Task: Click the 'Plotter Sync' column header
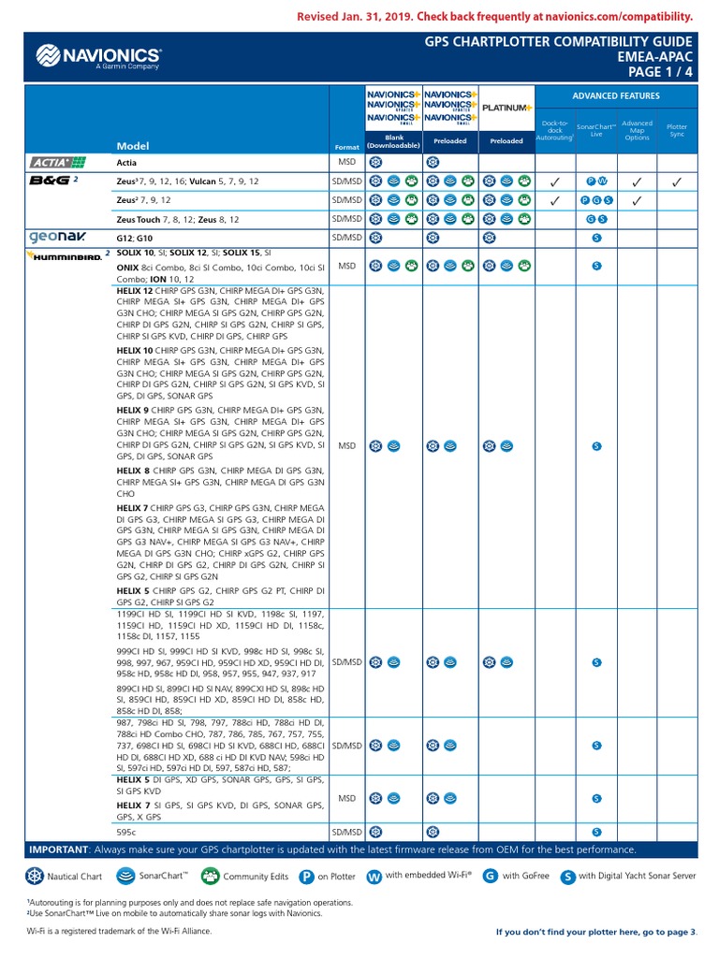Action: tap(676, 130)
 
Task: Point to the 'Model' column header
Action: tap(132, 146)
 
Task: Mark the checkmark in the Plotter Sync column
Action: tap(676, 181)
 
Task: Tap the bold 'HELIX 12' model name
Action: tap(136, 291)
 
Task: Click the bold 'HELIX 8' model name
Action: tap(135, 470)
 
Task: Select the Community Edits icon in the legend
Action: tap(211, 877)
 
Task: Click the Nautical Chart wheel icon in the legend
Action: tap(35, 877)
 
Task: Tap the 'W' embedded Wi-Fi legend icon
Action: tap(374, 877)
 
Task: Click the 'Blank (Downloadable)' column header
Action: tap(393, 141)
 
